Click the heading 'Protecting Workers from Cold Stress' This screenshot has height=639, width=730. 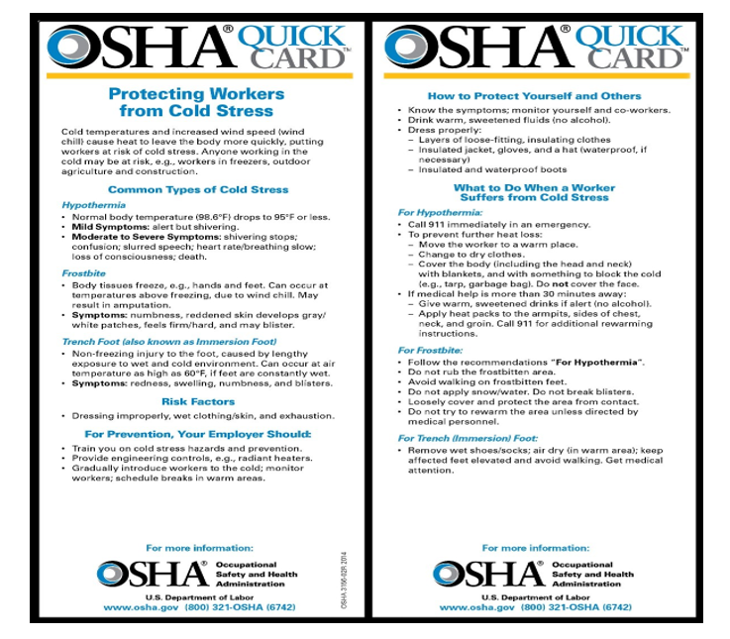coord(195,102)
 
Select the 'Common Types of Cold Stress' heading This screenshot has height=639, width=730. coord(198,189)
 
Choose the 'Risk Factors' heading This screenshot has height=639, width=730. coord(198,401)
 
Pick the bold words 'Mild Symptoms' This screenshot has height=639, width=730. coord(105,226)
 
